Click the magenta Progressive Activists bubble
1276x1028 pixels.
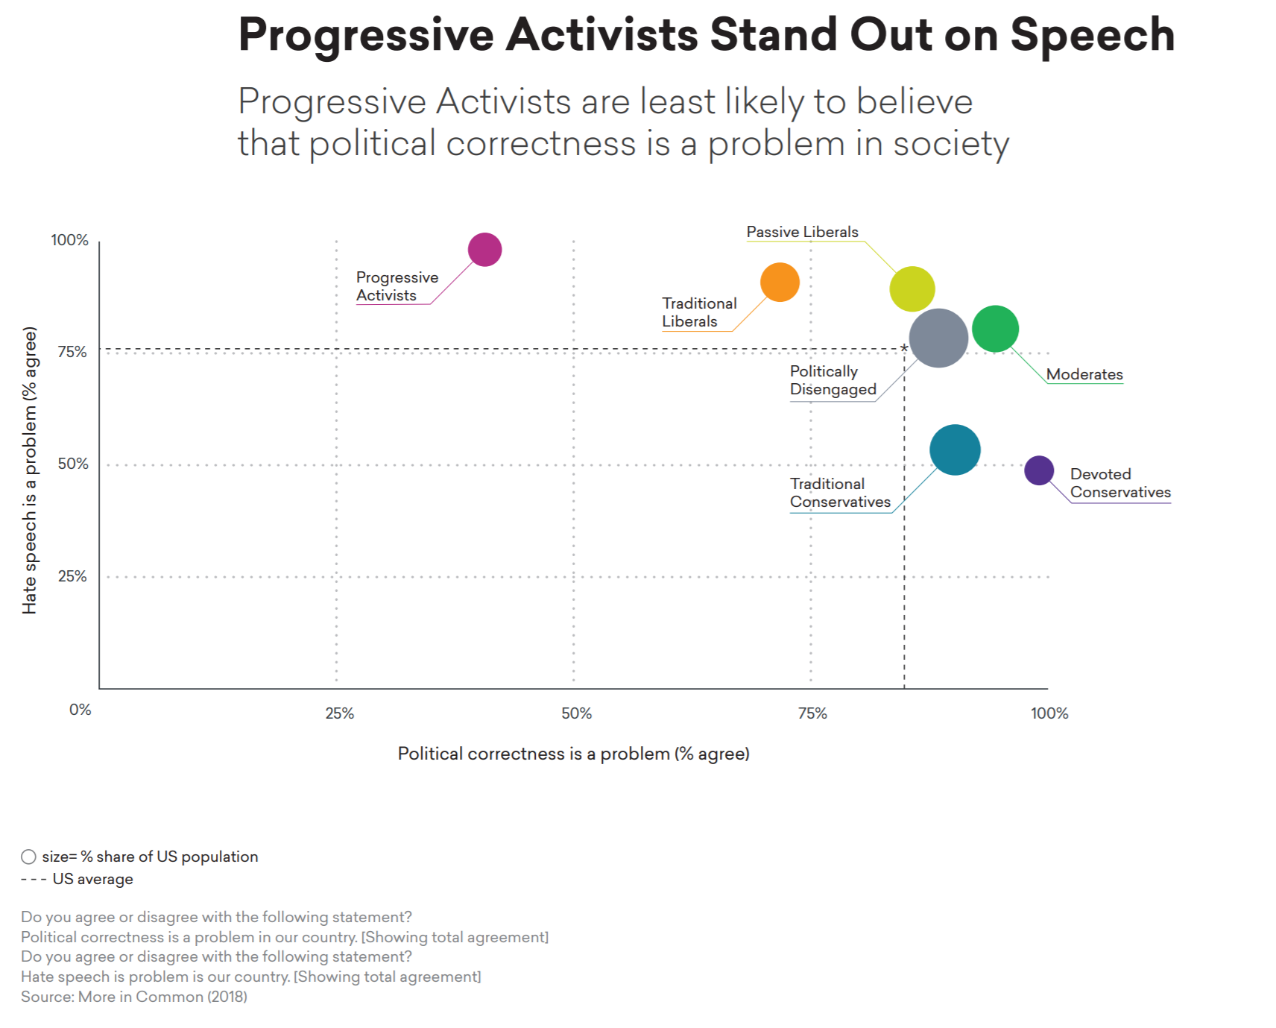click(484, 250)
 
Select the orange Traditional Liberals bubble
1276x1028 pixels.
click(780, 283)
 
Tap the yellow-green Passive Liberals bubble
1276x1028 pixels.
click(912, 288)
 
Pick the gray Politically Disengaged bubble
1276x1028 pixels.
click(938, 338)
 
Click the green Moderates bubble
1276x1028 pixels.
click(995, 329)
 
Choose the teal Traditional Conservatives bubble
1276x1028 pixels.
click(955, 450)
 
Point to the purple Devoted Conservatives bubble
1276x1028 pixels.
click(1039, 470)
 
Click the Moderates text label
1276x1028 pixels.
click(1084, 374)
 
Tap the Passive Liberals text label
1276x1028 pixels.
click(802, 232)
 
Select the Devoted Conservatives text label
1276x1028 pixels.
click(1120, 483)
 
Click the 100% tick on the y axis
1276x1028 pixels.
click(69, 240)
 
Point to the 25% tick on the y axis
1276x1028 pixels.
click(72, 576)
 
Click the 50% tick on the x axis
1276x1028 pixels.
click(576, 713)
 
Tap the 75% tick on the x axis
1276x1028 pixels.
click(812, 713)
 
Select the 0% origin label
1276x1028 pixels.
click(80, 710)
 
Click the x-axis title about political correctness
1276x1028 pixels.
click(573, 754)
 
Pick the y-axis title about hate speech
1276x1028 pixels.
click(29, 470)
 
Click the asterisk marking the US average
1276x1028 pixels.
click(904, 348)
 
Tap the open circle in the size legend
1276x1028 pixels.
click(28, 857)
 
